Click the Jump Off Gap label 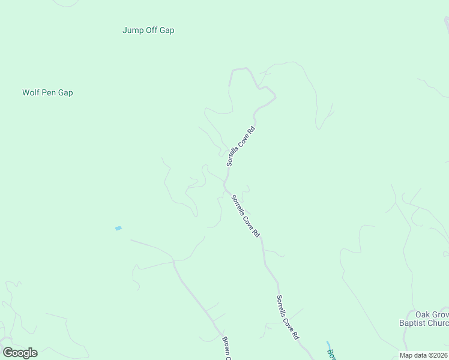[x=148, y=30]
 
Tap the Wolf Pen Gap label [x=47, y=93]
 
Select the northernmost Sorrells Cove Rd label [x=241, y=146]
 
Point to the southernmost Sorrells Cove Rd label [x=288, y=317]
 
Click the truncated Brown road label [x=226, y=348]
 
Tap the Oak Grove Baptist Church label [x=424, y=319]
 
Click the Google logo [x=20, y=353]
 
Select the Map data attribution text [x=424, y=355]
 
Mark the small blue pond [x=118, y=228]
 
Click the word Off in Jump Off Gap [x=152, y=30]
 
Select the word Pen [x=49, y=93]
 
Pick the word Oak [x=413, y=314]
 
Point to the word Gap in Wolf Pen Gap [x=65, y=93]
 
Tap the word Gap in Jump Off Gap [x=167, y=30]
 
